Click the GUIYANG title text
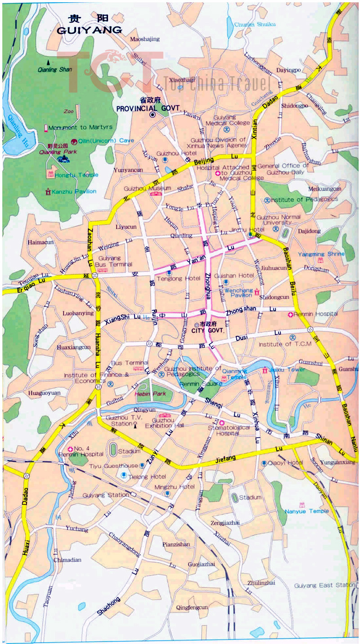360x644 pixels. click(90, 30)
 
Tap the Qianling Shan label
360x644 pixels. click(55, 69)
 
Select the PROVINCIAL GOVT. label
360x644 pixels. click(148, 109)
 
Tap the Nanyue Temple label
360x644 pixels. click(306, 511)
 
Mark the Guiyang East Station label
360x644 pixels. click(324, 585)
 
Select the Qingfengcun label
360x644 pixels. click(192, 608)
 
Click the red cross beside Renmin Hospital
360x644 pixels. click(291, 314)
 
